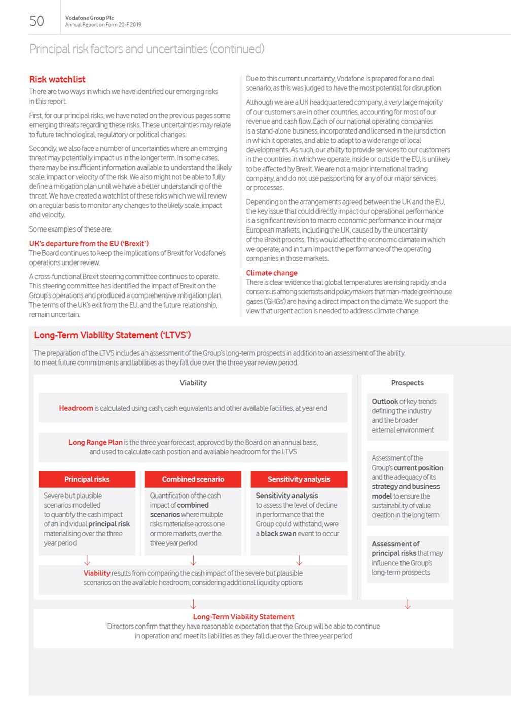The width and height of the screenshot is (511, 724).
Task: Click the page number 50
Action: pos(37,21)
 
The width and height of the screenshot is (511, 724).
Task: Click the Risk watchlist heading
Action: pos(57,79)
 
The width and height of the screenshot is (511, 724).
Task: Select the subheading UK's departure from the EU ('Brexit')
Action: pos(89,243)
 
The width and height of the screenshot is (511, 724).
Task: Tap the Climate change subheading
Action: pos(272,273)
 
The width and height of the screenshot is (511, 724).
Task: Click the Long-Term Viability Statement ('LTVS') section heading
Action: pos(112,335)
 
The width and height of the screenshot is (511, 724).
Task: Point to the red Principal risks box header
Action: pos(87,479)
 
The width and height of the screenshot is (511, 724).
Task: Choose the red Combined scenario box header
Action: pos(193,479)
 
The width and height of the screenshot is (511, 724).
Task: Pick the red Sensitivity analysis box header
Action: pos(299,479)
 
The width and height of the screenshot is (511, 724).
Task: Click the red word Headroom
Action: pos(76,408)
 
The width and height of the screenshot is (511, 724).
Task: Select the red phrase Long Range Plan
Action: pos(95,442)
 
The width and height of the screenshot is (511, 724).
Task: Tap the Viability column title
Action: pos(193,383)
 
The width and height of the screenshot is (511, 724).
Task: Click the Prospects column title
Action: pos(407,383)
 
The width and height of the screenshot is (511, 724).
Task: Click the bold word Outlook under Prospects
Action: pos(385,401)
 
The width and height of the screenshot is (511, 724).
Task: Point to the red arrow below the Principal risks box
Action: pos(87,561)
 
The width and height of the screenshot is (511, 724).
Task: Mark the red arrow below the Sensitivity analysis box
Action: pos(299,561)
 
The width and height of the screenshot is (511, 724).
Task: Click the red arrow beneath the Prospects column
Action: pos(407,604)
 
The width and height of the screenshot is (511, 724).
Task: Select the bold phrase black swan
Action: pos(278,534)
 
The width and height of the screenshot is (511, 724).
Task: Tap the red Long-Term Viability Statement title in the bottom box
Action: pos(243,617)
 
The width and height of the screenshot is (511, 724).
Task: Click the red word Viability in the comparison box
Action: pos(97,573)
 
